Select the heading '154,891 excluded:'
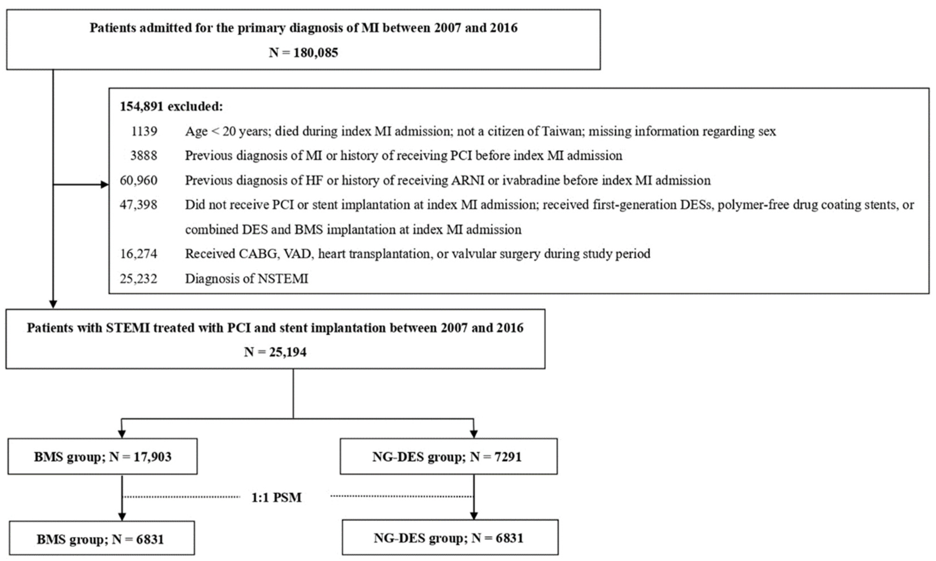(x=171, y=107)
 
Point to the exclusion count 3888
(x=144, y=155)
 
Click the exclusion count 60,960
(x=138, y=180)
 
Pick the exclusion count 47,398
(x=138, y=205)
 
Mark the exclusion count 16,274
(x=138, y=253)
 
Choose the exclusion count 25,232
(x=138, y=279)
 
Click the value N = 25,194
(x=275, y=352)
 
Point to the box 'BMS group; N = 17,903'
(x=102, y=457)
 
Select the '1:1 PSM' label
(x=277, y=497)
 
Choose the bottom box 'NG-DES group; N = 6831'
(x=450, y=537)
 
